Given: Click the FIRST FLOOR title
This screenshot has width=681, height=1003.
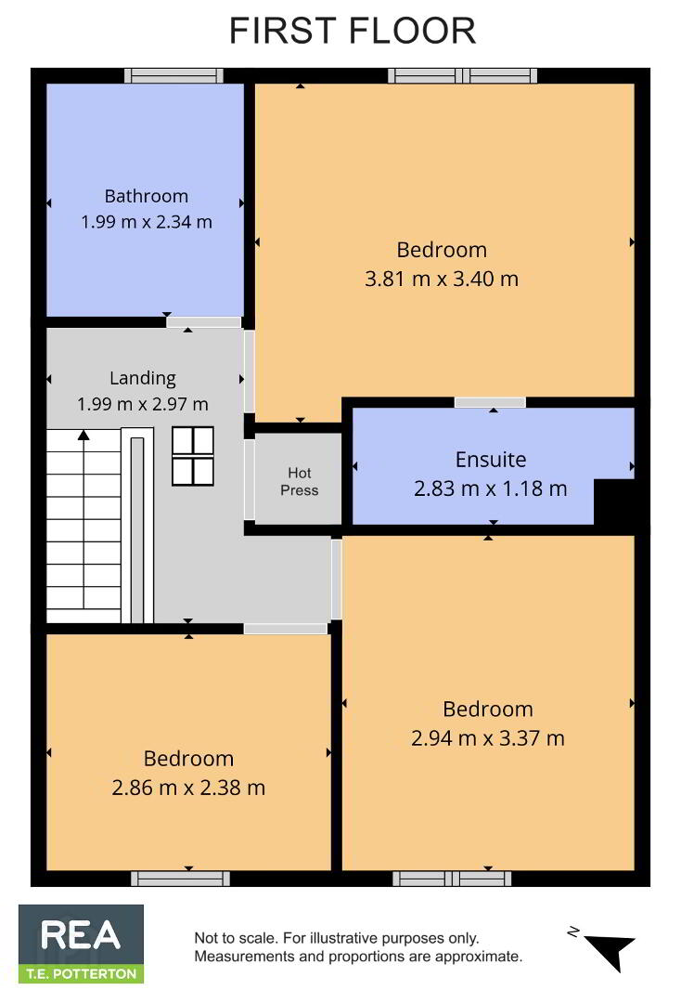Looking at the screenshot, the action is (353, 31).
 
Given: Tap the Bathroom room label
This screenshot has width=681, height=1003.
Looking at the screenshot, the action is (147, 196).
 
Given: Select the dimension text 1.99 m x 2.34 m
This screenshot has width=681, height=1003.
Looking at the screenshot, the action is (147, 222).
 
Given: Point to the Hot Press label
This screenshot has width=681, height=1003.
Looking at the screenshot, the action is (299, 481).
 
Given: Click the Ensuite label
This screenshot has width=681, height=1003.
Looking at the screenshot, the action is (491, 460).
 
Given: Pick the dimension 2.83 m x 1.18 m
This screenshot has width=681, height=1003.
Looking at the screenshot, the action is (491, 488).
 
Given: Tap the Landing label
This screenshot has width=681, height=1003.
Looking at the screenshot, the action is (143, 378).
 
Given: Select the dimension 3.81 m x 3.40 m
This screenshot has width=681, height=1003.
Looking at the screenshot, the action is (442, 279).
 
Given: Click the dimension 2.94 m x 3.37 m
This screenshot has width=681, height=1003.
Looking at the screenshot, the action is (487, 738).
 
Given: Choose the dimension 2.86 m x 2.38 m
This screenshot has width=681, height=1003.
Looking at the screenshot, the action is (188, 788).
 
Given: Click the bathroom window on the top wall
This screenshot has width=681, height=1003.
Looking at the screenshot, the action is (173, 75).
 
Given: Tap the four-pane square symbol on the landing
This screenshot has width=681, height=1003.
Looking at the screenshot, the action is (193, 456).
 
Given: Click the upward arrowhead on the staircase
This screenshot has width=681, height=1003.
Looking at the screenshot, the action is (84, 435).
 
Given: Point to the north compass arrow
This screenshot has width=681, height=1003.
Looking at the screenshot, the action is (610, 949).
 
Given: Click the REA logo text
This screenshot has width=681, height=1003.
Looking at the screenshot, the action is (81, 935).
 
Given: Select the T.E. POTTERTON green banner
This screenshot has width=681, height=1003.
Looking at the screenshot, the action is (81, 974).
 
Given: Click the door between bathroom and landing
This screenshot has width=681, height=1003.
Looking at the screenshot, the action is (204, 322).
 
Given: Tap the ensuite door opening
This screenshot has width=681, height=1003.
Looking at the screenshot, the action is (490, 402).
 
